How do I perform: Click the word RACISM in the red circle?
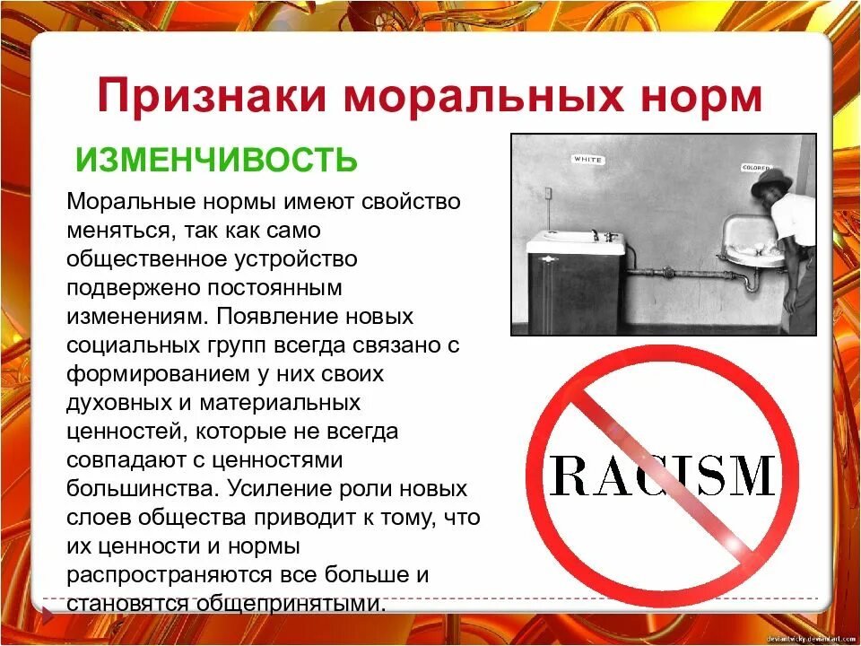tap(662, 476)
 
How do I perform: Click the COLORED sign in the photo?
tap(755, 168)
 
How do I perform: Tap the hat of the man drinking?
tap(770, 183)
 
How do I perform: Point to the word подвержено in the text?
tap(126, 287)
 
